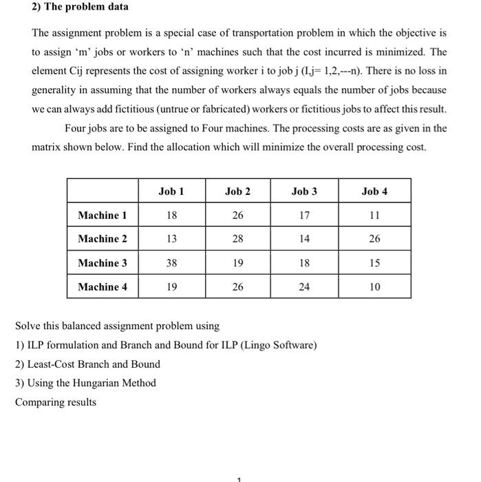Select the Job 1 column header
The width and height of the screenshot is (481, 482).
171,191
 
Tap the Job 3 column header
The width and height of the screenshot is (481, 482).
304,191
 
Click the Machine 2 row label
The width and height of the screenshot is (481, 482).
103,239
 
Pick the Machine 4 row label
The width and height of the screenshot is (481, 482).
103,286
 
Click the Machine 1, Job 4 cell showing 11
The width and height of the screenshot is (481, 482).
374,215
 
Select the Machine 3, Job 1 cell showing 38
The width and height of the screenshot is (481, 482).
171,262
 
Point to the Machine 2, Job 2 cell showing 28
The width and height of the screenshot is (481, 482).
237,239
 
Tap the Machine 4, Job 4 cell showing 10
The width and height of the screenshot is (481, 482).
374,286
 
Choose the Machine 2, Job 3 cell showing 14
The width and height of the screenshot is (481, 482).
304,239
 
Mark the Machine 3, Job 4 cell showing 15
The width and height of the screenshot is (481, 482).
374,262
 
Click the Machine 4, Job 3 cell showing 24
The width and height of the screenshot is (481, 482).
304,286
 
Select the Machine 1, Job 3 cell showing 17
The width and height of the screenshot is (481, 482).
304,215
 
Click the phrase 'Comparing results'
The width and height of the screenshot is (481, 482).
56,402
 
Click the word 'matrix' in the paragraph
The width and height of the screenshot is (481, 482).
48,147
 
